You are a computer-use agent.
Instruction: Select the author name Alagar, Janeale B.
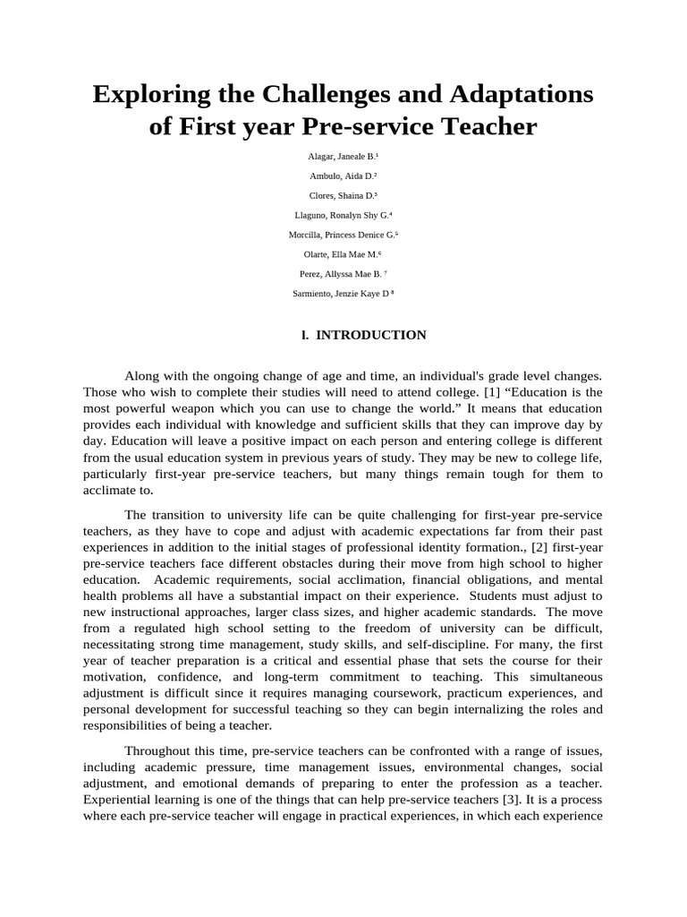343,156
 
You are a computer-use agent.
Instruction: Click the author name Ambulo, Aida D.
343,176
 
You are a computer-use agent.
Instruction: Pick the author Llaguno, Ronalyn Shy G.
343,215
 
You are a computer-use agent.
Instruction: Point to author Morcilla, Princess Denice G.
343,235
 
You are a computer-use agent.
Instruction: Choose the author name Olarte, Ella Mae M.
343,254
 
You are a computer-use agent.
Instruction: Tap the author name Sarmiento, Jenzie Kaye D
343,294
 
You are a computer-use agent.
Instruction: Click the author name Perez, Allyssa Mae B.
343,274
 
